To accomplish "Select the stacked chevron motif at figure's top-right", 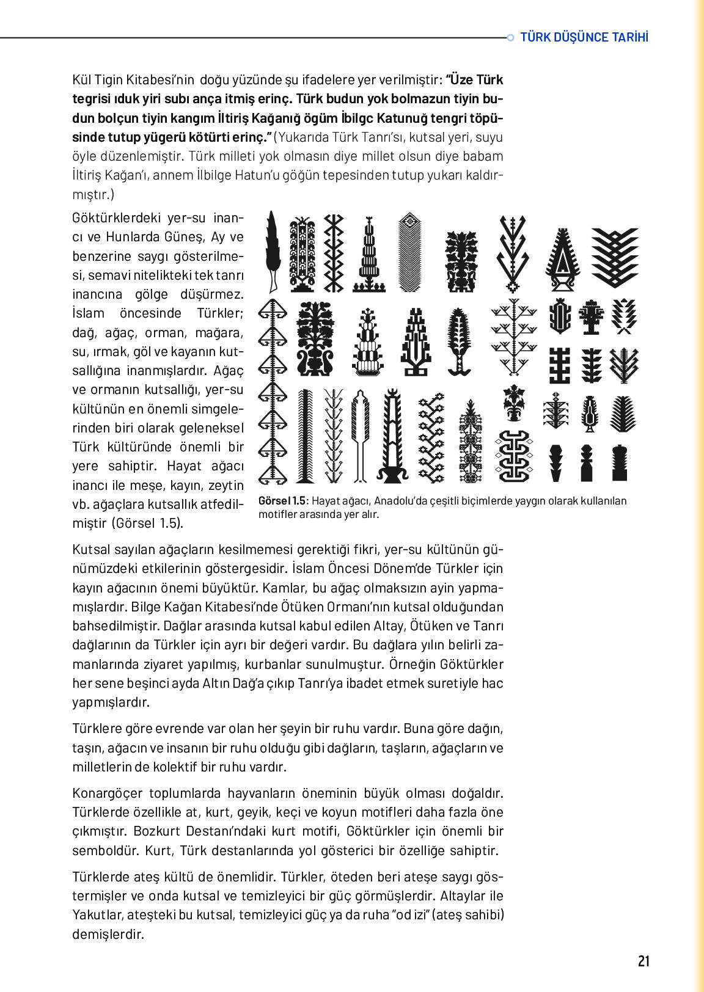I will click(x=615, y=257).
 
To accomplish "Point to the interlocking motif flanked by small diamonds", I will click(x=514, y=456).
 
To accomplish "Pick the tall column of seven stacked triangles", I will click(x=272, y=391).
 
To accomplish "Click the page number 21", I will click(x=643, y=961).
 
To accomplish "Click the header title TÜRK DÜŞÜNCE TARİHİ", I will click(x=584, y=37).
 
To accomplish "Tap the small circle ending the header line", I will click(x=511, y=38).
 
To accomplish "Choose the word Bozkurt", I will click(x=153, y=831).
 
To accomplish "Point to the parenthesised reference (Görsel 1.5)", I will click(x=146, y=523).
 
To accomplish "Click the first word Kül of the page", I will click(x=81, y=79).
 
